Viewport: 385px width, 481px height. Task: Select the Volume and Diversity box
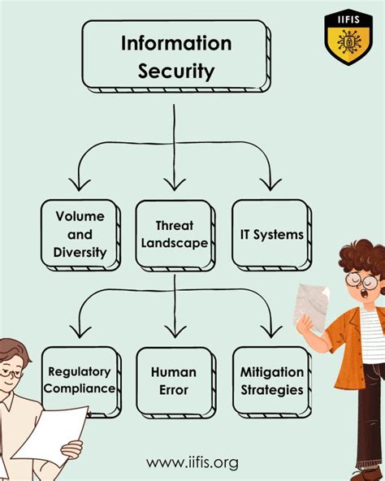(80, 235)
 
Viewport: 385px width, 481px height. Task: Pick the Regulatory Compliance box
(79, 381)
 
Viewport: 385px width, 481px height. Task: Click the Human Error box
(174, 381)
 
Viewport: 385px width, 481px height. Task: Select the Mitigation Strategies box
(271, 381)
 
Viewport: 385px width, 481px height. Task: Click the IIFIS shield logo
(348, 36)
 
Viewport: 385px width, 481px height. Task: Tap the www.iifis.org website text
(192, 462)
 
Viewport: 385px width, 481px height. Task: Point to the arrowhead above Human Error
(175, 331)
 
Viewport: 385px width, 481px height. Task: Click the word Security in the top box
(175, 71)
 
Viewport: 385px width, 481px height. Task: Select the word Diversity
(80, 252)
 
